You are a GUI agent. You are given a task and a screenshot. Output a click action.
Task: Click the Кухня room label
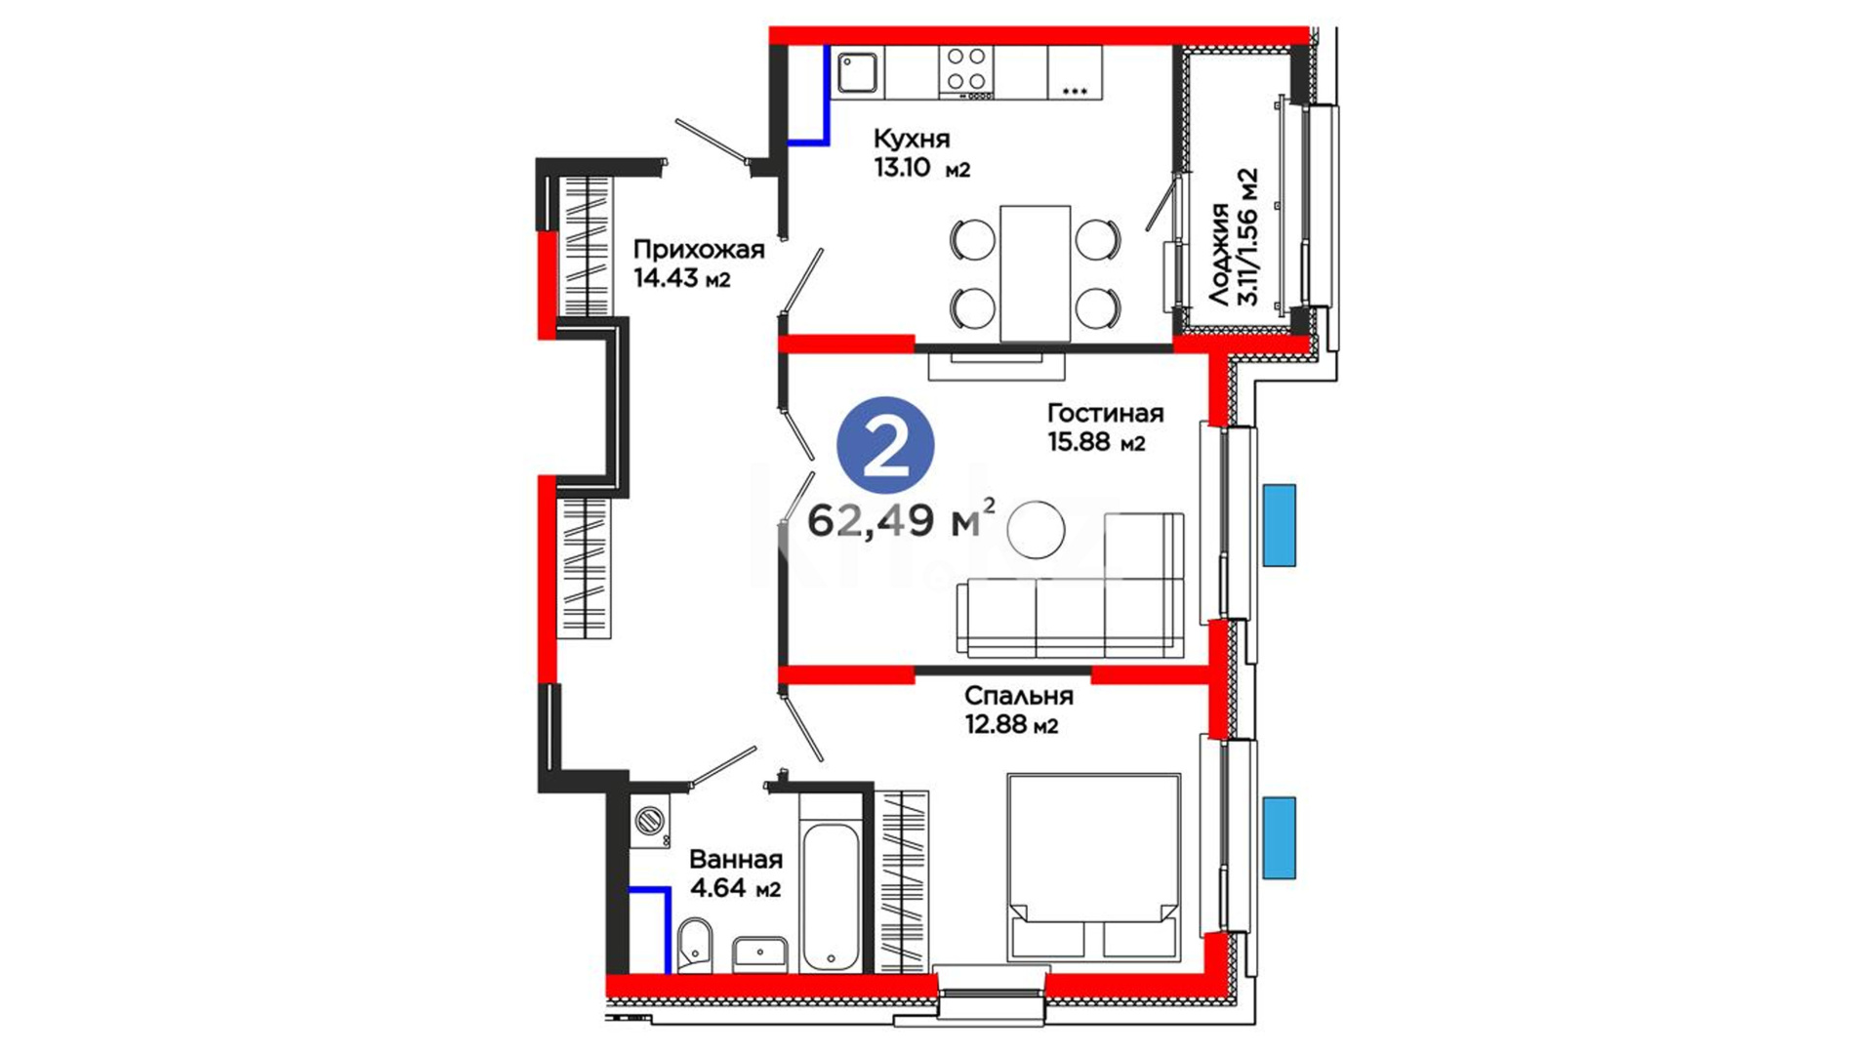pos(911,139)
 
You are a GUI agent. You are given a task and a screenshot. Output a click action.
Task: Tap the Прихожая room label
pos(698,250)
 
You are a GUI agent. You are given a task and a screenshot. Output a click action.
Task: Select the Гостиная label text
pos(1105,413)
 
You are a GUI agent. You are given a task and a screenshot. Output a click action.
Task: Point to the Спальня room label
pos(1018,696)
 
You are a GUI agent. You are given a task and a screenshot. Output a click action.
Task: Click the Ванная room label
pos(735,859)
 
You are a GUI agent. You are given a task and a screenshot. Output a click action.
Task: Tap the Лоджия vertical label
pos(1218,255)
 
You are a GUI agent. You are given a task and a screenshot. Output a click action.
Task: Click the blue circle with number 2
pos(885,445)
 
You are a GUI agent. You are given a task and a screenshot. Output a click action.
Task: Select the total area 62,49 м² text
pos(902,520)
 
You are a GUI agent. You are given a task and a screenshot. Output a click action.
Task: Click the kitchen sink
pos(858,72)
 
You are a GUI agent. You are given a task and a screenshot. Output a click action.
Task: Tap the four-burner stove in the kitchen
pos(966,72)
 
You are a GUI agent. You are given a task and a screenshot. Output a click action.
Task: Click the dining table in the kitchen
pos(1035,273)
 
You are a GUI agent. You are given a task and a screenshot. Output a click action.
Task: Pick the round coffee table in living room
pos(1036,530)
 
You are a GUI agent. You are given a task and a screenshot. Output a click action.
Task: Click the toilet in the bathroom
pos(695,945)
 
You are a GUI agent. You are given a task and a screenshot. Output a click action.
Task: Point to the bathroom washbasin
pos(760,953)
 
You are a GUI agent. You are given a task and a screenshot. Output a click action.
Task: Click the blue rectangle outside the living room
pos(1279,525)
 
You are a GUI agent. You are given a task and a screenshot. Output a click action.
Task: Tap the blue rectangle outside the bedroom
pos(1279,837)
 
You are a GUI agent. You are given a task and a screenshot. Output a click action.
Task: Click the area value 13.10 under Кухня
pos(903,167)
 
